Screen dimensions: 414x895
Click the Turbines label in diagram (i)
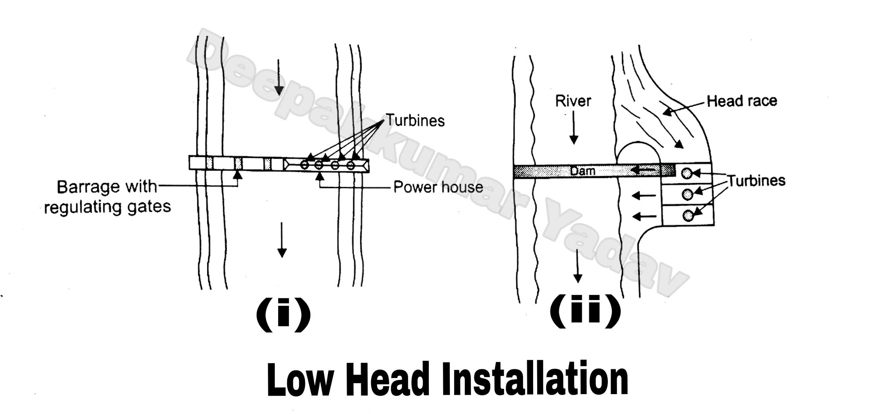click(x=415, y=120)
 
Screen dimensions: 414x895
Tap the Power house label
click(x=438, y=187)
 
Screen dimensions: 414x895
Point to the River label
click(x=573, y=101)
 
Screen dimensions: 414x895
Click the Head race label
click(x=742, y=101)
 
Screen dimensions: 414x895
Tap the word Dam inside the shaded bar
click(x=582, y=171)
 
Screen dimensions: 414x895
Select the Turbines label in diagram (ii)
click(x=756, y=181)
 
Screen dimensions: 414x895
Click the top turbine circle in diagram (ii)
click(x=686, y=173)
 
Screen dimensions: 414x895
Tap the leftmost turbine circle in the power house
click(x=304, y=165)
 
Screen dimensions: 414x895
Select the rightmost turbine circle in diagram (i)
click(x=351, y=165)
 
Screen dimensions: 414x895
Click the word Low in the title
click(x=301, y=380)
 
